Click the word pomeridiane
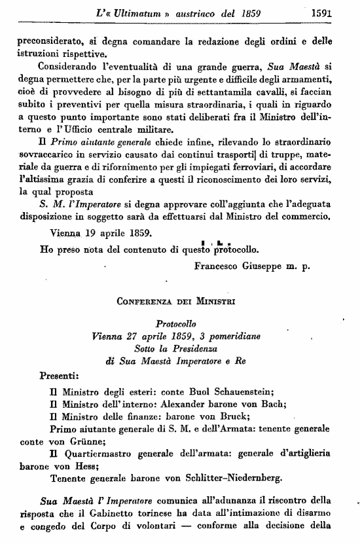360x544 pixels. point(229,336)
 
